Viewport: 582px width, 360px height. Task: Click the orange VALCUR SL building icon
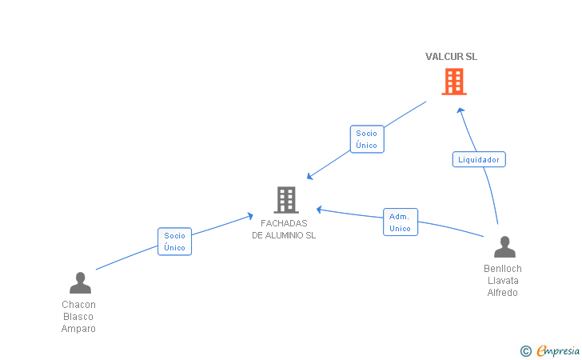tap(454, 82)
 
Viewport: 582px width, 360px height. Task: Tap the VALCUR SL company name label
tap(451, 57)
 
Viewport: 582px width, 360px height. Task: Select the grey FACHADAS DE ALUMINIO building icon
tap(286, 200)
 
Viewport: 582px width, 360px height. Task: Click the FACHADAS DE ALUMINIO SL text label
tap(284, 230)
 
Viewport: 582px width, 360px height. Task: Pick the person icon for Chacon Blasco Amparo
tap(80, 282)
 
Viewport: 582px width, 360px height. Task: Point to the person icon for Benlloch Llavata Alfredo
tap(504, 246)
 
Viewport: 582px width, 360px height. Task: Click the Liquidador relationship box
tap(479, 159)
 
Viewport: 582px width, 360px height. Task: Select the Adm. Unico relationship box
tap(401, 222)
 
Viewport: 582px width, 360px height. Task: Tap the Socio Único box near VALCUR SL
tap(367, 139)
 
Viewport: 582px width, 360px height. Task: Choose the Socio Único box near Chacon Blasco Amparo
tap(174, 242)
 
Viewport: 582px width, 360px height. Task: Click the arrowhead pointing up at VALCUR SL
tap(460, 110)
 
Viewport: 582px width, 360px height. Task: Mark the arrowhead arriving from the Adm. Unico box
tap(319, 210)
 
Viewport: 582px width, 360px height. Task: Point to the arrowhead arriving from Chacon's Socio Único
tap(250, 216)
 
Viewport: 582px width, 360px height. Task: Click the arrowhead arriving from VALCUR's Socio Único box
tap(310, 176)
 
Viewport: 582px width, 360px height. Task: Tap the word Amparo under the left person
tap(78, 329)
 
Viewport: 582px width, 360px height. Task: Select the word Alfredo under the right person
tap(503, 293)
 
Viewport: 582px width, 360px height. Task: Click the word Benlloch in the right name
tap(503, 269)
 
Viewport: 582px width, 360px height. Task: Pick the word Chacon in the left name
tap(78, 305)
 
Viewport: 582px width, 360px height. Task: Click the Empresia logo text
tap(558, 350)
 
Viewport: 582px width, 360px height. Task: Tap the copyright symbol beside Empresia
tap(526, 351)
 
